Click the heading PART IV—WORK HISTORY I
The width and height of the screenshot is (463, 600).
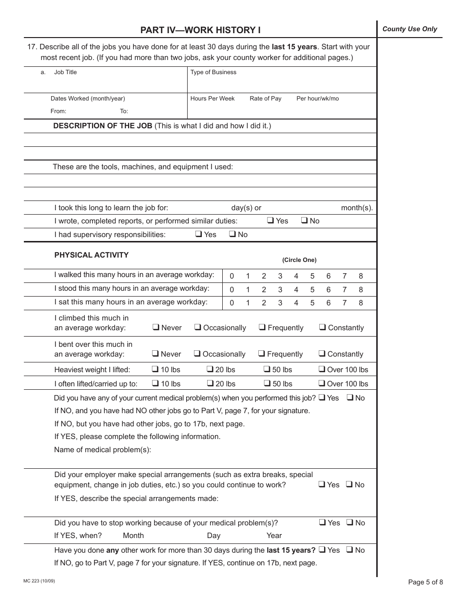200,30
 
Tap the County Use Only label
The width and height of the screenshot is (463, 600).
409,29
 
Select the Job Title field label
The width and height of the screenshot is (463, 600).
65,72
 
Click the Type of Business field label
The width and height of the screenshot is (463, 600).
213,72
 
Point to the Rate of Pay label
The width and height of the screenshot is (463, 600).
265,99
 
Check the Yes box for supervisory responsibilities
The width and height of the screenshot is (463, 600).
199,234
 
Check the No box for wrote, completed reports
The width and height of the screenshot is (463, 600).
304,220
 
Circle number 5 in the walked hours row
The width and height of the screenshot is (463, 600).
312,276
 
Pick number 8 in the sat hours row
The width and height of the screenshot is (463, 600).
361,302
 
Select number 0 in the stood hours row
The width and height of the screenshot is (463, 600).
231,289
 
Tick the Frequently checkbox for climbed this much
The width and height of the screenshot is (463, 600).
262,327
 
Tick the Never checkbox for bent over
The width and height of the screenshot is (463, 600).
155,354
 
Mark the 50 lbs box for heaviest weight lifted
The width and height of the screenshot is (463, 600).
267,369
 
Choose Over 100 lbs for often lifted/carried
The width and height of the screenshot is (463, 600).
322,383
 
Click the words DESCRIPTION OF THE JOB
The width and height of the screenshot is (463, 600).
102,126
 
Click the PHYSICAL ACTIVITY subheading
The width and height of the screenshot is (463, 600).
91,255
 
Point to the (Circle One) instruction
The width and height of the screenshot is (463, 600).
299,260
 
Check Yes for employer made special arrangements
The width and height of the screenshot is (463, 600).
322,484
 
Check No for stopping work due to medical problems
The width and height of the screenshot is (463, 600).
349,522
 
